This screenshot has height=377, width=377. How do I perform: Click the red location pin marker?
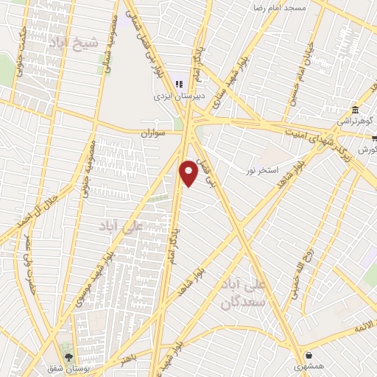(189, 172)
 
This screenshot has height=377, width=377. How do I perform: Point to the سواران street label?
(156, 133)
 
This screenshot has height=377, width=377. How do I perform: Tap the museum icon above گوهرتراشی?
(355, 108)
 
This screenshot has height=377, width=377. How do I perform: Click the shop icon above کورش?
(374, 138)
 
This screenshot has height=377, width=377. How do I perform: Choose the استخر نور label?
(262, 170)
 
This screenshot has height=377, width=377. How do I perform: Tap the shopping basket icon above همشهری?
(307, 354)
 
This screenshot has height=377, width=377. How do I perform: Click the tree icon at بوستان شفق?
(68, 356)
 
